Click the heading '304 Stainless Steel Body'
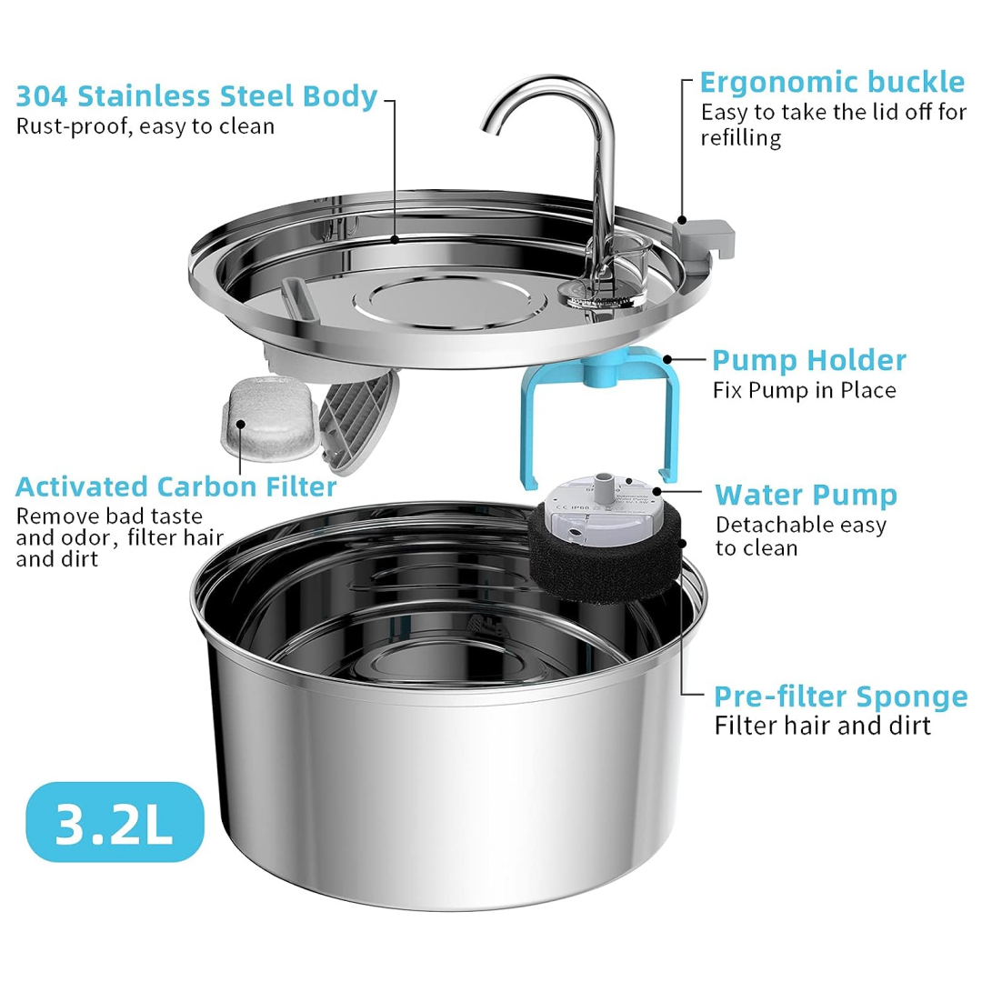(x=197, y=95)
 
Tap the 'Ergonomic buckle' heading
(x=831, y=82)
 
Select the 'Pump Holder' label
(x=808, y=360)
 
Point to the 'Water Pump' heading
(x=806, y=495)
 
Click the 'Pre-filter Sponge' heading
(x=840, y=696)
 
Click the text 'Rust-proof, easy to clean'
(x=145, y=125)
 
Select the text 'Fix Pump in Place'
(x=805, y=390)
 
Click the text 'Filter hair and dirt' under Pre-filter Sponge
(x=822, y=725)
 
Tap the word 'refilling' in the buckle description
(x=741, y=137)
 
